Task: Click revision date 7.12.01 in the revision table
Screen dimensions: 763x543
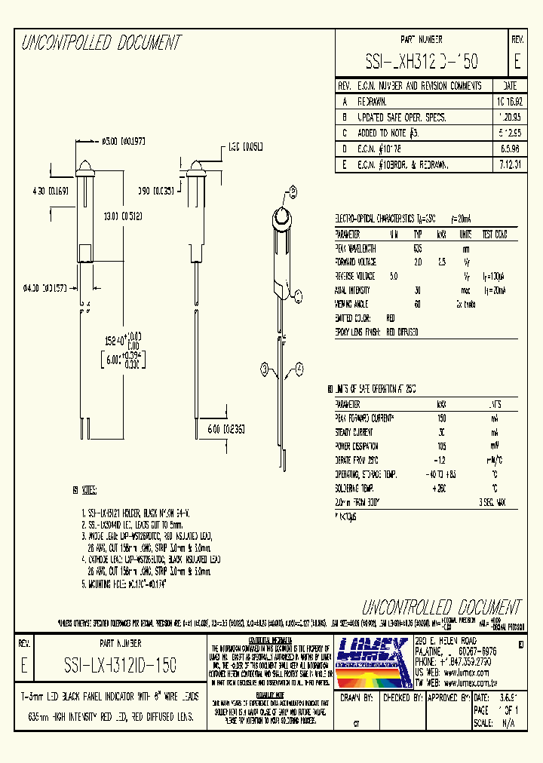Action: pyautogui.click(x=510, y=164)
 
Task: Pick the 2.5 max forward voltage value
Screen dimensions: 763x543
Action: pyautogui.click(x=442, y=262)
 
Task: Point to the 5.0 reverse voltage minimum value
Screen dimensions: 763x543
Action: pyautogui.click(x=393, y=276)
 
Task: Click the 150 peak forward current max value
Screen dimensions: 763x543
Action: pyautogui.click(x=442, y=417)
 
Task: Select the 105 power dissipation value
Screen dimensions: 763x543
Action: pyautogui.click(x=442, y=446)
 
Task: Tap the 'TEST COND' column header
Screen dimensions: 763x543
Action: pyautogui.click(x=495, y=234)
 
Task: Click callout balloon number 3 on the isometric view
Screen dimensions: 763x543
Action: pyautogui.click(x=265, y=369)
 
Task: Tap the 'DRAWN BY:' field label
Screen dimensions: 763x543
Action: pyautogui.click(x=358, y=698)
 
